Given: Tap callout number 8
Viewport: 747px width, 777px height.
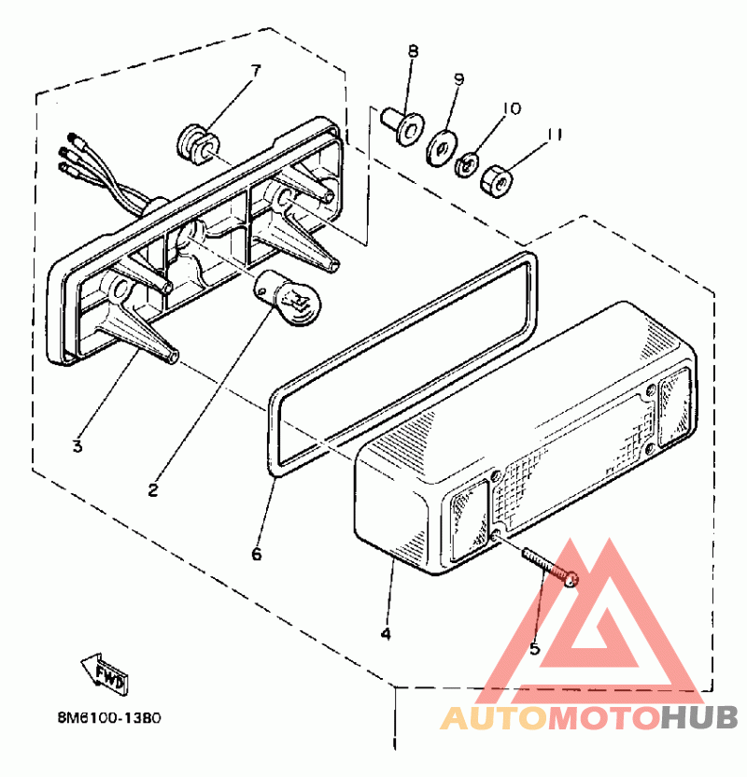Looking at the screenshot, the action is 412,51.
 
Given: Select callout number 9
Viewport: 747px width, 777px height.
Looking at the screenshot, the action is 458,80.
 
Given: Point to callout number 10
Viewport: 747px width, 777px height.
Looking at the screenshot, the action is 510,108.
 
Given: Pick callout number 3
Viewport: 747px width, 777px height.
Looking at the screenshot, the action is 78,445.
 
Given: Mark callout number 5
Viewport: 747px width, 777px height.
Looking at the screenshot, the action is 535,647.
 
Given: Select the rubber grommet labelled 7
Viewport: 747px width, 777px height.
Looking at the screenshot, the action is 197,144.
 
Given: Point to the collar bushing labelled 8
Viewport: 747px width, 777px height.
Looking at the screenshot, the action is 402,126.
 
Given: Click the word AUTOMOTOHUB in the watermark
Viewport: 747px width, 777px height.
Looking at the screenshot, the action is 589,717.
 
